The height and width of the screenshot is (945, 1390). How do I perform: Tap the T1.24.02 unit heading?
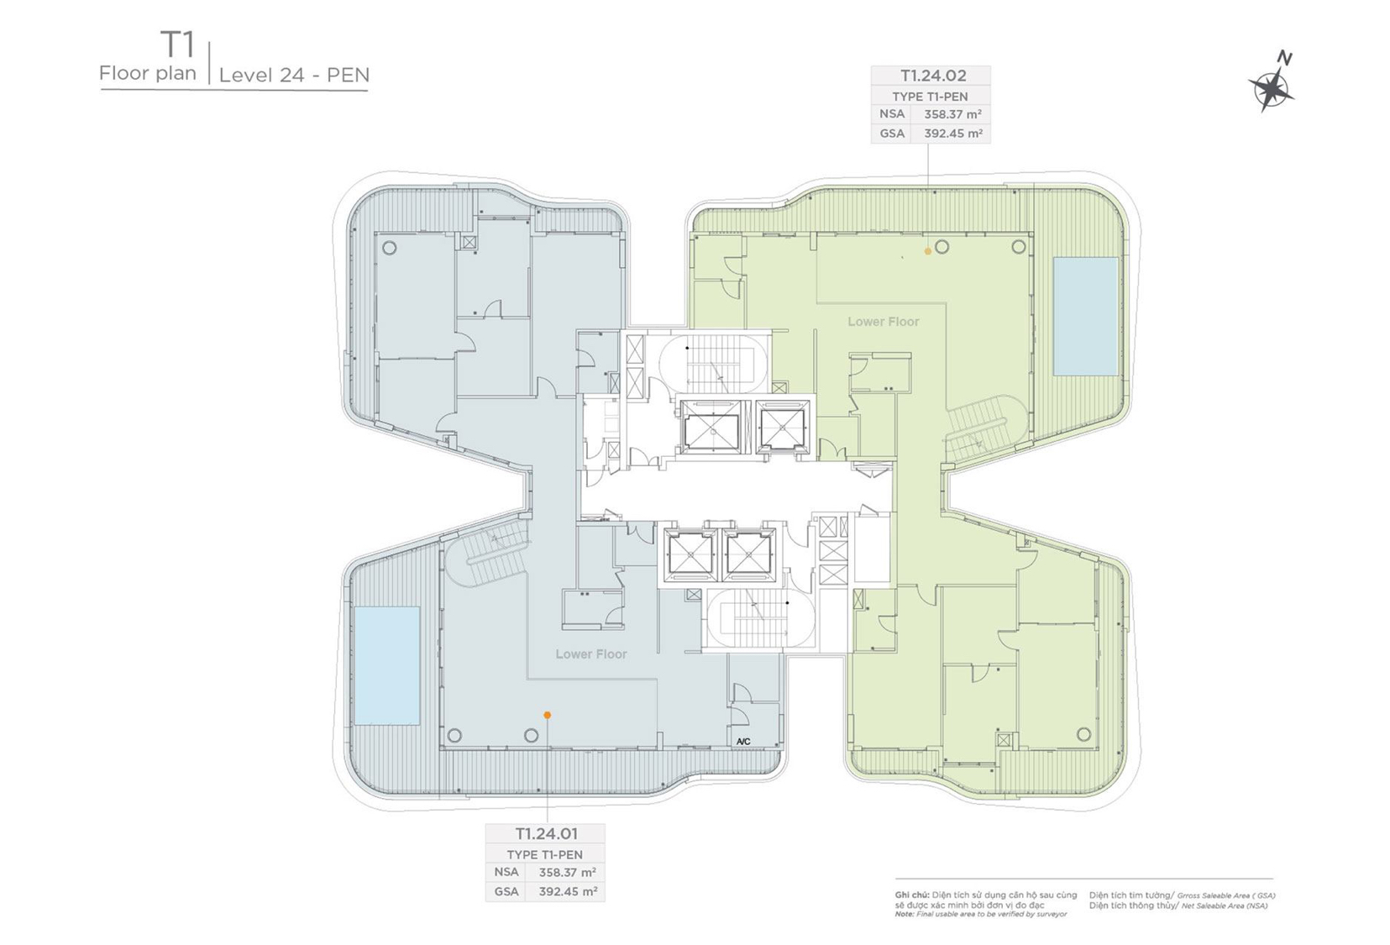coord(933,76)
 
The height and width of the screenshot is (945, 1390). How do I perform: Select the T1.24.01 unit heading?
coord(547,832)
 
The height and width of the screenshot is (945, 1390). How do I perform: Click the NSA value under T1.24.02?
coord(953,114)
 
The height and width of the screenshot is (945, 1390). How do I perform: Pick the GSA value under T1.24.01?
coord(568,891)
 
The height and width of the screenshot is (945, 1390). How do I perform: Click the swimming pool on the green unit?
coord(1086,317)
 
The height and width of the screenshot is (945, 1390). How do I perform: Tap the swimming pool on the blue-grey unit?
coord(387,665)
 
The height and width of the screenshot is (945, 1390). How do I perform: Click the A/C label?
coord(743,742)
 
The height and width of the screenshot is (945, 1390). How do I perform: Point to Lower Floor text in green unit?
coord(883,322)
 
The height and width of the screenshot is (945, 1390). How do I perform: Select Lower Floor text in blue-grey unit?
coord(591,654)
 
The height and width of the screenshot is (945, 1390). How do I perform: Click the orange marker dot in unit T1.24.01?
coord(548,715)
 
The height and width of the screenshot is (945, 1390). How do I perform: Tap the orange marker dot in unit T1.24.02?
coord(928,251)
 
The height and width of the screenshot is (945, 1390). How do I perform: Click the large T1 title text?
coord(177,44)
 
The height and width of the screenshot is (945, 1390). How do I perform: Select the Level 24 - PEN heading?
coord(294,75)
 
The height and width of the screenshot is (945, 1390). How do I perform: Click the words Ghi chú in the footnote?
coord(911,895)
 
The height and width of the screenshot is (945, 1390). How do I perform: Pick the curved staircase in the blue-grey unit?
coord(486,554)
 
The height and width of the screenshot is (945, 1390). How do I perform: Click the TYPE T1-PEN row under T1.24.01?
coord(545,854)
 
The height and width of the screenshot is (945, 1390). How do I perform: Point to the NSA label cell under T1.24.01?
coord(506,872)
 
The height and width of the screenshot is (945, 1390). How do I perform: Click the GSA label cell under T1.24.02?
coord(892,134)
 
